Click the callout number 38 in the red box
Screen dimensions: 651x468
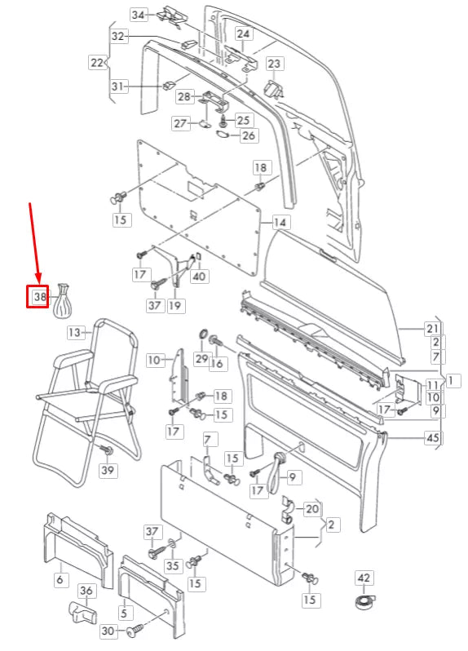tap(39, 298)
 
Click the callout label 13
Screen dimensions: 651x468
tap(75, 332)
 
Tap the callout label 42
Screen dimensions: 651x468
tap(364, 578)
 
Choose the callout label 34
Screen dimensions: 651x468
tap(139, 15)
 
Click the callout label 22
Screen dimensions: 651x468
tap(97, 62)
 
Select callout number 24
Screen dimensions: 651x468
tap(244, 34)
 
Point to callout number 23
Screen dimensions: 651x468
tap(273, 64)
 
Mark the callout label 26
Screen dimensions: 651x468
tap(249, 135)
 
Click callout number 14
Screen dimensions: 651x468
tap(280, 222)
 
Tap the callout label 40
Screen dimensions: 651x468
tap(200, 277)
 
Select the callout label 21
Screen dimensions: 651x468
tap(432, 329)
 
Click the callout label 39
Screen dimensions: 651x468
tap(108, 471)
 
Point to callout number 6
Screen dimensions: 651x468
tap(60, 579)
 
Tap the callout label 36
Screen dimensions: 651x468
tap(86, 591)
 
